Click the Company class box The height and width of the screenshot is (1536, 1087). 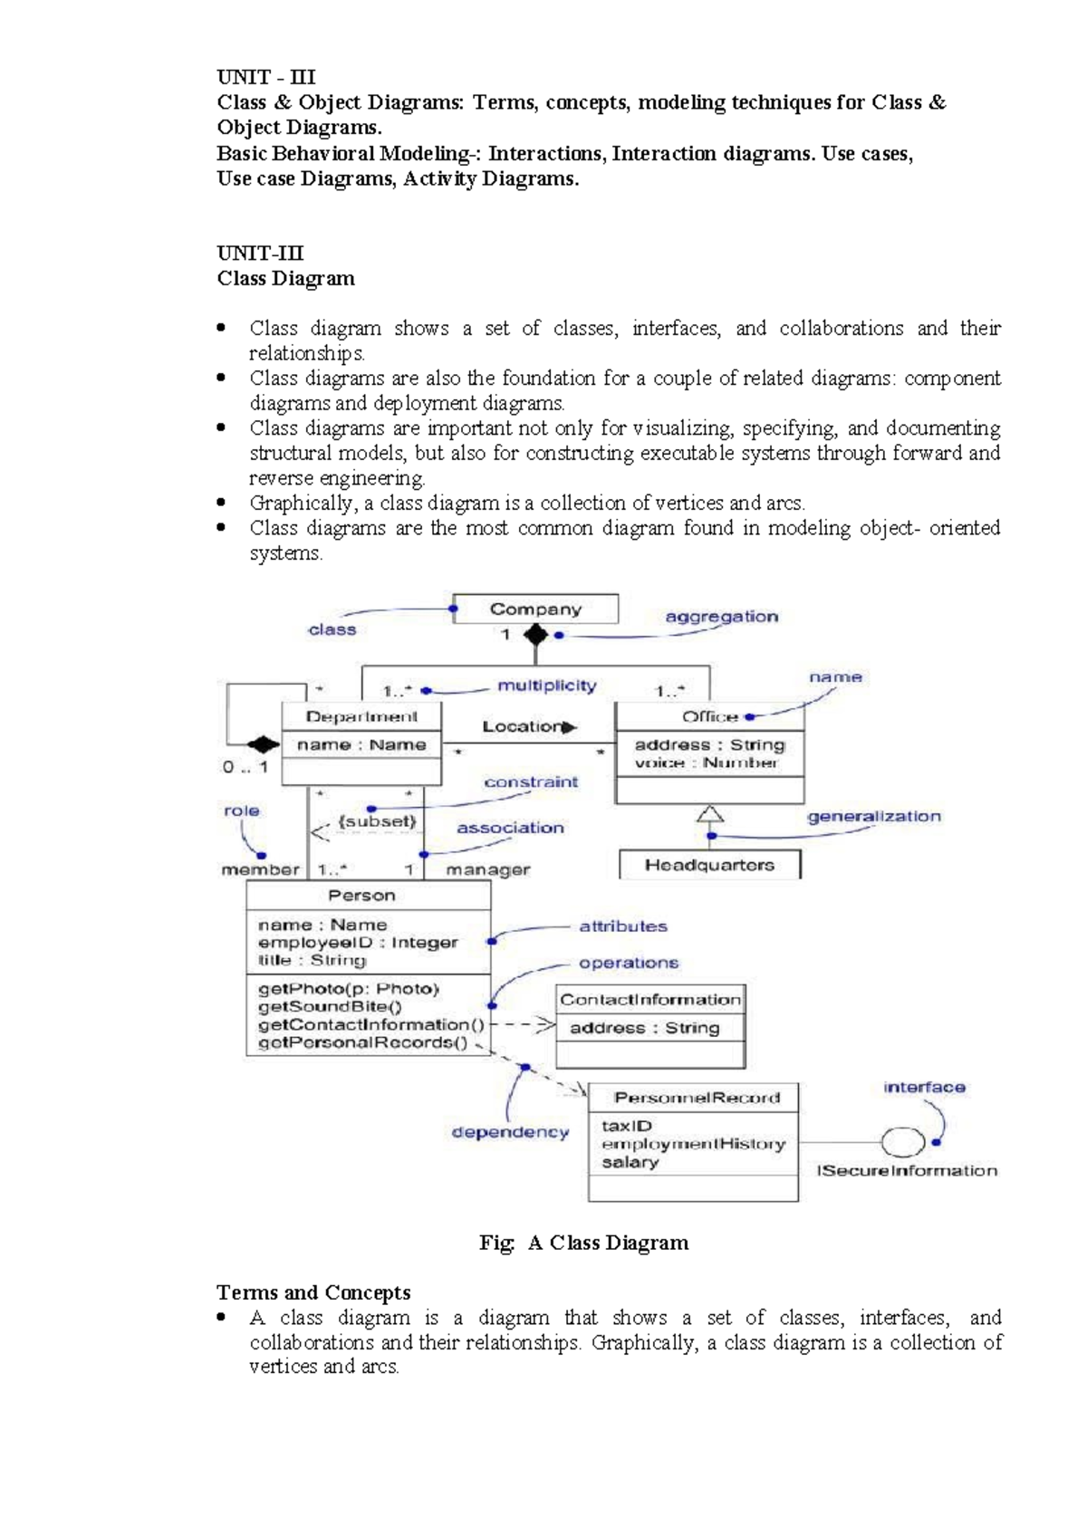535,610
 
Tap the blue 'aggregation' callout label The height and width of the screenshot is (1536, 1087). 721,617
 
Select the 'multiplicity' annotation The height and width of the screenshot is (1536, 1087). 546,686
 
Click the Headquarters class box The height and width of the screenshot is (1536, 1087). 709,865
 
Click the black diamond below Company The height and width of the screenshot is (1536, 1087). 536,635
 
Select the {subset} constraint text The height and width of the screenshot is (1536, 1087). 377,821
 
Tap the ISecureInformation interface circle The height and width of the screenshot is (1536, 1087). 902,1143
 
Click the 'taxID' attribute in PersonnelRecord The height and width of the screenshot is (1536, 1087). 627,1126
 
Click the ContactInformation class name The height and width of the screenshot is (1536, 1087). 649,1000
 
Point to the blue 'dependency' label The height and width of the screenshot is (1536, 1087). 510,1132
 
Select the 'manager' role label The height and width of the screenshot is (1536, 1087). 488,869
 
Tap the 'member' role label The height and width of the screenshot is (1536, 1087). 260,869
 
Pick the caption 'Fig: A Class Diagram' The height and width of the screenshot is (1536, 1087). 583,1243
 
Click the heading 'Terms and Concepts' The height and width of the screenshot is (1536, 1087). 313,1292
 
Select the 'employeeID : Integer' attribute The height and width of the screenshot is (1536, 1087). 358,943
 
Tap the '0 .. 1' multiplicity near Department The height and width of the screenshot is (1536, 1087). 245,767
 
